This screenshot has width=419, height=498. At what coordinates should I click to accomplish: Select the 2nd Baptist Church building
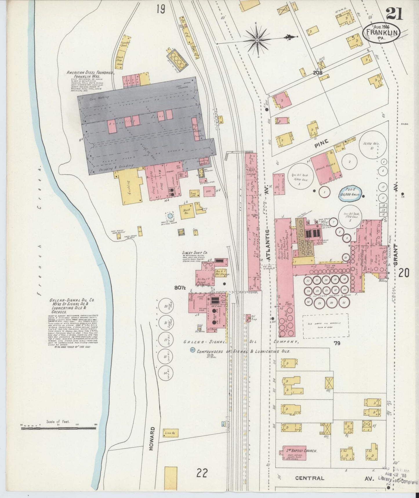300,459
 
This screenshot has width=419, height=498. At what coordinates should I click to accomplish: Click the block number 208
318,73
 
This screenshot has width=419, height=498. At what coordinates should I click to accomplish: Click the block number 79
337,343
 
